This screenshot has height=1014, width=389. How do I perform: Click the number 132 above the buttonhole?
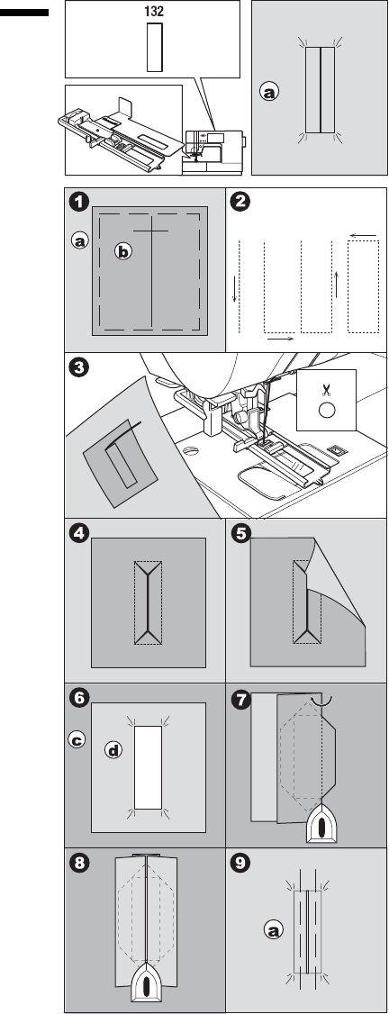pyautogui.click(x=155, y=11)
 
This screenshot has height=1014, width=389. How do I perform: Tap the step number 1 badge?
pyautogui.click(x=79, y=203)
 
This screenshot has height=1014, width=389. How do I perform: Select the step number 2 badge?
pyautogui.click(x=240, y=203)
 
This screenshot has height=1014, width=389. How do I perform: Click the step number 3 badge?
pyautogui.click(x=79, y=368)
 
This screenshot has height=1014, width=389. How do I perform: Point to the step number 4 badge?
pyautogui.click(x=79, y=534)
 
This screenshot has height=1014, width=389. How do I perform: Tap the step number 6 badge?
pyautogui.click(x=79, y=699)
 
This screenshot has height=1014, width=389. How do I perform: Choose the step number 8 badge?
pyautogui.click(x=79, y=864)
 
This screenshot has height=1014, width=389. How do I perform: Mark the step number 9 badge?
pyautogui.click(x=240, y=864)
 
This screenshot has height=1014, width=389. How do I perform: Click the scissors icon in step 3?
pyautogui.click(x=326, y=389)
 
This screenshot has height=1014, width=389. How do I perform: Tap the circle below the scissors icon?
pyautogui.click(x=326, y=410)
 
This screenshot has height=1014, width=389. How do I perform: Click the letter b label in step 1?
pyautogui.click(x=122, y=251)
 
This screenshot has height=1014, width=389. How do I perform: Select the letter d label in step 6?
pyautogui.click(x=113, y=751)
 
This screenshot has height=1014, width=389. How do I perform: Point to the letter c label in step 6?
pyautogui.click(x=77, y=740)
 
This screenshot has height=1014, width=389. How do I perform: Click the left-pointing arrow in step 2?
pyautogui.click(x=364, y=235)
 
